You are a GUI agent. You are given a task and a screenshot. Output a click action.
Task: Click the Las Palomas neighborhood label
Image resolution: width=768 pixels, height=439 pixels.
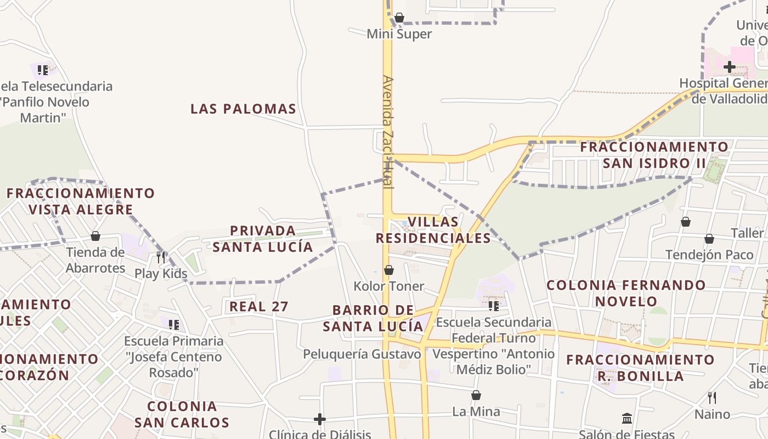[243, 109]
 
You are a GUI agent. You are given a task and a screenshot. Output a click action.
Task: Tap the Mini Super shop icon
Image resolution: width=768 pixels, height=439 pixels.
[399, 18]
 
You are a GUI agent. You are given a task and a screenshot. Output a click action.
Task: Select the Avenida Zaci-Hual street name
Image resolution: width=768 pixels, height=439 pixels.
[388, 132]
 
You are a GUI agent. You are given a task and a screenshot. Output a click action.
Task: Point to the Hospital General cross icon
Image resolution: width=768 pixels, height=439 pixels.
[729, 67]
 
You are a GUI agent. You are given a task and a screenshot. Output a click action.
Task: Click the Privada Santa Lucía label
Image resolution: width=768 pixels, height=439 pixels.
[263, 239]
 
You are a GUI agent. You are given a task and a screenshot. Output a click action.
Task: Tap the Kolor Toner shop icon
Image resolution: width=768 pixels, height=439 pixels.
[388, 270]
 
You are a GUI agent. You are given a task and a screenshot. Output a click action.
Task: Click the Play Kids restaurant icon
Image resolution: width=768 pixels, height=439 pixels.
[161, 257]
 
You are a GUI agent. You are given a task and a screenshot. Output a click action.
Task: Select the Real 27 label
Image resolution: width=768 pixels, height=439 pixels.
[258, 306]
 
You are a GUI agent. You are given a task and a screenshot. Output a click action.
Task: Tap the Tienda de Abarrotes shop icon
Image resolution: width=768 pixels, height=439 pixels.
[95, 236]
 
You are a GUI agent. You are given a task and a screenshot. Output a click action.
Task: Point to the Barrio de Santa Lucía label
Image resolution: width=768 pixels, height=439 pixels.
[373, 318]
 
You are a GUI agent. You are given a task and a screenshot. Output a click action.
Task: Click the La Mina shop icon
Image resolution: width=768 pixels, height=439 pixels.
[476, 395]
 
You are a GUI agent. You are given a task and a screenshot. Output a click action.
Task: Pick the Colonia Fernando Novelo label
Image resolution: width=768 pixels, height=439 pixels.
[626, 293]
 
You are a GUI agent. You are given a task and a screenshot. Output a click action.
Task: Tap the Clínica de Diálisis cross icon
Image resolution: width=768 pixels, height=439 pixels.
[320, 420]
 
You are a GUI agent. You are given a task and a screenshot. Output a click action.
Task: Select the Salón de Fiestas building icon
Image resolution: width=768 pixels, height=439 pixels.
[627, 419]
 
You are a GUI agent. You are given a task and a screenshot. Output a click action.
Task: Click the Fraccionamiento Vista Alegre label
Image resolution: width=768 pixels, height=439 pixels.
[81, 201]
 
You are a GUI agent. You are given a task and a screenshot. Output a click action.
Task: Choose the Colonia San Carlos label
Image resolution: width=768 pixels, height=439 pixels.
[182, 414]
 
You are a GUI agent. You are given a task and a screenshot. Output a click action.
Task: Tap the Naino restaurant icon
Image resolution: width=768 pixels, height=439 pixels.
[712, 397]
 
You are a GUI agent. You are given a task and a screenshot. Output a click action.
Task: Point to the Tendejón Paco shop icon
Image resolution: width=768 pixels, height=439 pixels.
[709, 239]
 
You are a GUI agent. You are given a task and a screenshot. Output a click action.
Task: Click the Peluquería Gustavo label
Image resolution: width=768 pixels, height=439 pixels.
[362, 354]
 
